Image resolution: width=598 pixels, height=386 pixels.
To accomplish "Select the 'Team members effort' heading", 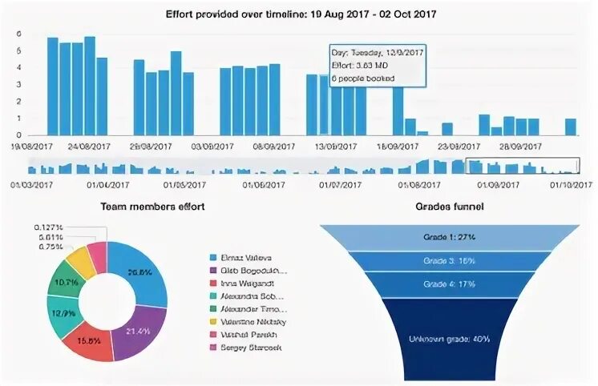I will point(152,207).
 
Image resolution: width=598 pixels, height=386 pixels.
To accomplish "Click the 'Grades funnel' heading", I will point(448,207).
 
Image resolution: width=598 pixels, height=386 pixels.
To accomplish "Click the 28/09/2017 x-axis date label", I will point(520,147).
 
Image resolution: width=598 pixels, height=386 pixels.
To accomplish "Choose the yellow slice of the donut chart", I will point(79,263).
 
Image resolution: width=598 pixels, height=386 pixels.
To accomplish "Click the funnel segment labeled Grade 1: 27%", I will point(448,238).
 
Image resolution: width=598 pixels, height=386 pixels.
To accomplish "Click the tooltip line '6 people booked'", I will point(362,78).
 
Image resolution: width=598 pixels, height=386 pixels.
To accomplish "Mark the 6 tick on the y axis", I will point(18,34).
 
